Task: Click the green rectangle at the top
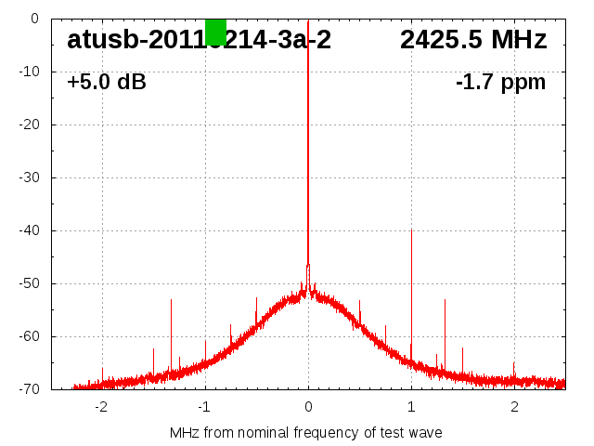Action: click(215, 32)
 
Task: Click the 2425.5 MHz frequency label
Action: click(473, 40)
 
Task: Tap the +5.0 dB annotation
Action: click(107, 82)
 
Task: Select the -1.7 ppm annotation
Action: click(501, 82)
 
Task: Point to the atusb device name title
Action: click(199, 40)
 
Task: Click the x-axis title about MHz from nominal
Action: click(306, 432)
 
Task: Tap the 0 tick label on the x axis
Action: click(308, 406)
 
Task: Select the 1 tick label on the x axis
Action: click(411, 406)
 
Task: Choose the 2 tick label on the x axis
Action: click(514, 406)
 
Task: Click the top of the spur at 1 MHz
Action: click(411, 230)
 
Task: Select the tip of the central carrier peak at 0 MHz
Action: click(308, 20)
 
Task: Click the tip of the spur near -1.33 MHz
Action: click(171, 299)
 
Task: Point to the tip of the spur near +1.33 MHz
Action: click(445, 299)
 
